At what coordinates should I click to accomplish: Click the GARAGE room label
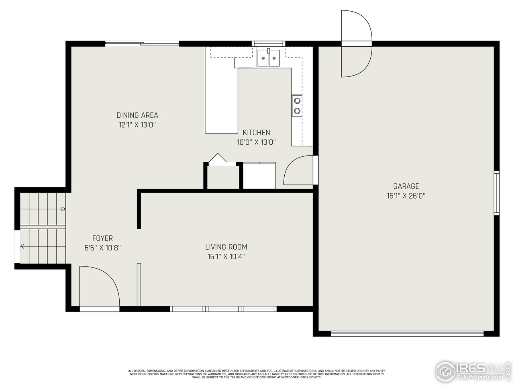pyautogui.click(x=406, y=186)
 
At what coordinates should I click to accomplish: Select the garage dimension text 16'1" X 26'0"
pyautogui.click(x=406, y=196)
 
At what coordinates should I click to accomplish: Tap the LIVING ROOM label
pyautogui.click(x=226, y=247)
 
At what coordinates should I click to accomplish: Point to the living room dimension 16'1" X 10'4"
pyautogui.click(x=226, y=257)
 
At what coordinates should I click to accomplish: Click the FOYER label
pyautogui.click(x=102, y=238)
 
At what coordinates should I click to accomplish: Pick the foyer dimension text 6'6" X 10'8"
pyautogui.click(x=102, y=248)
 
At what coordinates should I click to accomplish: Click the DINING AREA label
pyautogui.click(x=137, y=115)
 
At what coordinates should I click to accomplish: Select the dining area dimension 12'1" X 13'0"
pyautogui.click(x=137, y=125)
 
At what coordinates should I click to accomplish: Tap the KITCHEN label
pyautogui.click(x=256, y=132)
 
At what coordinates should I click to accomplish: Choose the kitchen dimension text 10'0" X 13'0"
pyautogui.click(x=256, y=142)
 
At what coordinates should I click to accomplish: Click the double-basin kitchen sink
pyautogui.click(x=269, y=58)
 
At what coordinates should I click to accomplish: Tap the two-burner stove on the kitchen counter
pyautogui.click(x=297, y=106)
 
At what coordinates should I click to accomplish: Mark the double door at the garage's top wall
pyautogui.click(x=356, y=43)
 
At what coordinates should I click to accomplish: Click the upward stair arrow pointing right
pyautogui.click(x=63, y=209)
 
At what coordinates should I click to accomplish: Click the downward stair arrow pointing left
pyautogui.click(x=22, y=246)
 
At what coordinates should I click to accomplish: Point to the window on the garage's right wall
pyautogui.click(x=497, y=193)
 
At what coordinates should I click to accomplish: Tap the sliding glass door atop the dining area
pyautogui.click(x=142, y=44)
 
